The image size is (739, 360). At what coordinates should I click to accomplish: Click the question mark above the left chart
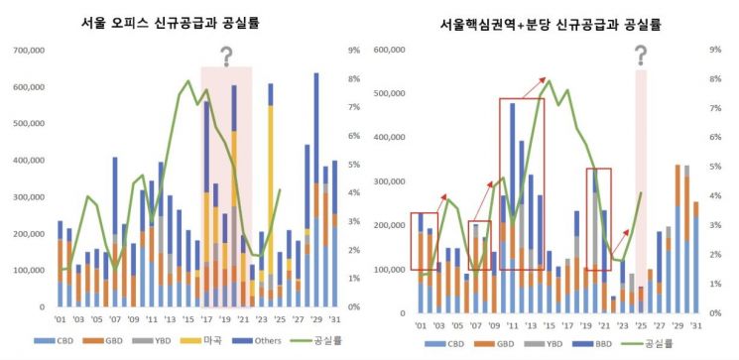[226, 57]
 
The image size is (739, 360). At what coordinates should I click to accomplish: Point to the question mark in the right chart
[641, 56]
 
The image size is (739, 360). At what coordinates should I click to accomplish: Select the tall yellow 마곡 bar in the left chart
[271, 198]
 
